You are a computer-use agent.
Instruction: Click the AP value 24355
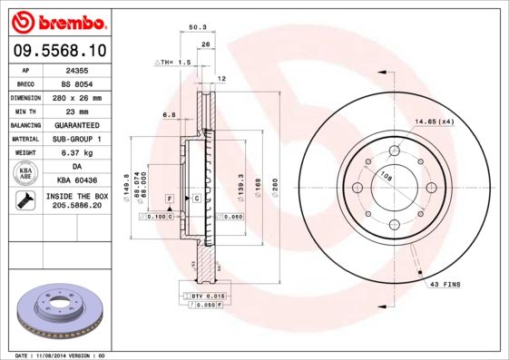pyautogui.click(x=75, y=68)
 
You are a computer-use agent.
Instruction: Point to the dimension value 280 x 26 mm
pyautogui.click(x=75, y=96)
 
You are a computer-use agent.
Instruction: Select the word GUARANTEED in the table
pyautogui.click(x=75, y=124)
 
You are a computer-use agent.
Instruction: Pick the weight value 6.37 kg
pyautogui.click(x=75, y=152)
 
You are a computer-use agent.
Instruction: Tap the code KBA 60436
pyautogui.click(x=76, y=180)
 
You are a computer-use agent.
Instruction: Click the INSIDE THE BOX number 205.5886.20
pyautogui.click(x=76, y=206)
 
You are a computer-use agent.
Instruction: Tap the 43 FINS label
pyautogui.click(x=445, y=284)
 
